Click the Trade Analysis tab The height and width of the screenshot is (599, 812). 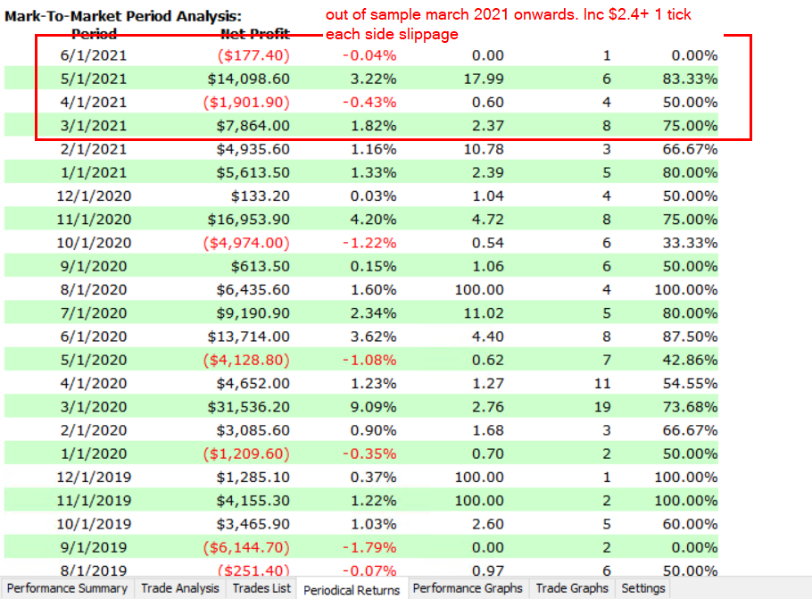179,588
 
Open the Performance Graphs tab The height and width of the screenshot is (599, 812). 468,588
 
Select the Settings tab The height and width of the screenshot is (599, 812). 642,588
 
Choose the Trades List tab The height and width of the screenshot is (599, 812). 261,588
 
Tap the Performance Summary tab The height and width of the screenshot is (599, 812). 68,588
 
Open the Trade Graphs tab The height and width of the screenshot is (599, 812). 572,588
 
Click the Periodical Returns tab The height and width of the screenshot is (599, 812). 352,589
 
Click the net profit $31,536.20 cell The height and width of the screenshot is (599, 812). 253,407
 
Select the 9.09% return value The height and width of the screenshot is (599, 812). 375,407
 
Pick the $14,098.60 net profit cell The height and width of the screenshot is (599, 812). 253,79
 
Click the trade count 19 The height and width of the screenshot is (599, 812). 602,407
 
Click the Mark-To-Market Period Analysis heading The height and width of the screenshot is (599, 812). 123,16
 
